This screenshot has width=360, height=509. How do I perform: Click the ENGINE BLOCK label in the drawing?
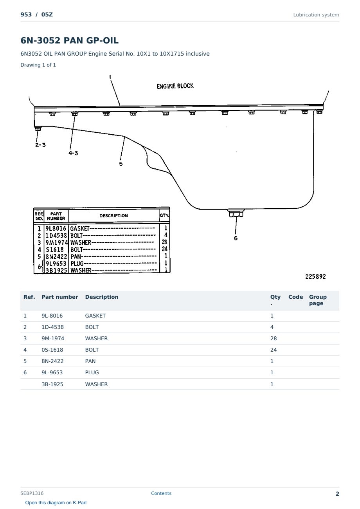pos(175,86)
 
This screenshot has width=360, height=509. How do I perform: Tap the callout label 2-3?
pos(40,145)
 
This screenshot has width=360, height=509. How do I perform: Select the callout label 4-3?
pos(73,153)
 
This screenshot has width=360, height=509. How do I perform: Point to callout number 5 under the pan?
pos(121,164)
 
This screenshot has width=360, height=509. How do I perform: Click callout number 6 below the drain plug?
pos(236,238)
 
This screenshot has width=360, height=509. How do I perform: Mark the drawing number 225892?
pos(315,276)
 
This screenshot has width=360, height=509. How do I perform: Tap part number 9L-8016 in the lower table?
pos(52,316)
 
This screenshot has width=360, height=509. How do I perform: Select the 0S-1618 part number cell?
pos(52,350)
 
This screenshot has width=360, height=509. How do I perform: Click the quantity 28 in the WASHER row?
pos(274,338)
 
